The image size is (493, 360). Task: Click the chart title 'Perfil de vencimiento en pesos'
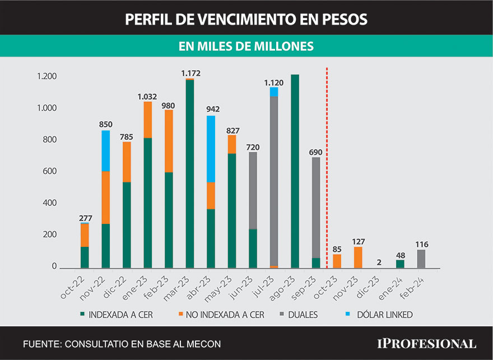coord(246,19)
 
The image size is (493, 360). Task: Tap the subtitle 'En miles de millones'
coord(246,46)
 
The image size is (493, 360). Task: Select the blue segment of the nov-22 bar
coord(105,151)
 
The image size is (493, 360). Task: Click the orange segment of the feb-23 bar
coord(169,141)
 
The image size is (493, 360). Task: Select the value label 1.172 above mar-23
coord(190,73)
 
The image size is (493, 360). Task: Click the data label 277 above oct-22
coord(85,218)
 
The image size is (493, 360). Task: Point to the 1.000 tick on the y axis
coord(47,108)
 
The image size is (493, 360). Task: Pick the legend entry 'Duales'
coord(302,315)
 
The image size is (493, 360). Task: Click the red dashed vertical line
coord(327,168)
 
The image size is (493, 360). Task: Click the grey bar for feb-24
coord(421,259)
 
